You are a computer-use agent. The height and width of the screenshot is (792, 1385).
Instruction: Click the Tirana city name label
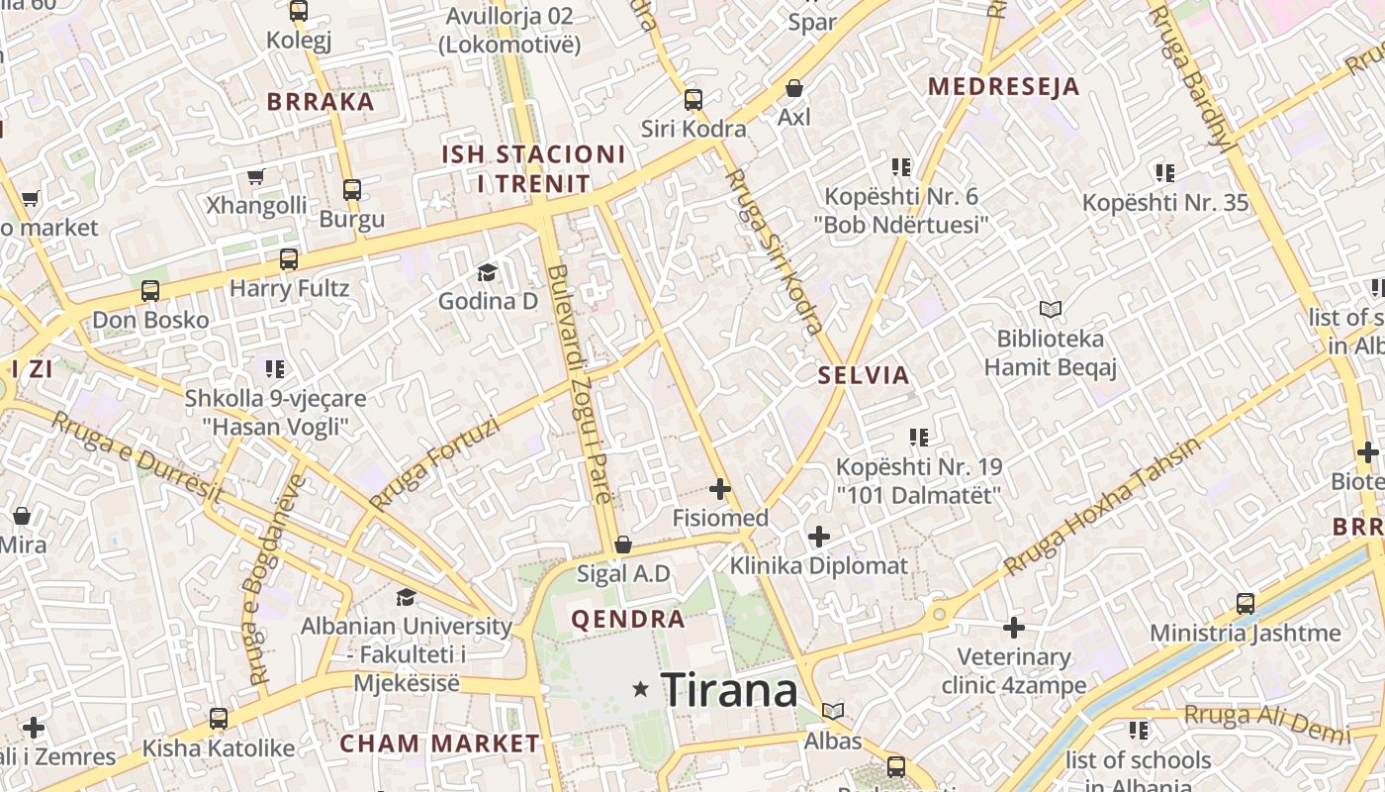pos(729,689)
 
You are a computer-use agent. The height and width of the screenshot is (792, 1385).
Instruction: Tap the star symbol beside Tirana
pos(641,689)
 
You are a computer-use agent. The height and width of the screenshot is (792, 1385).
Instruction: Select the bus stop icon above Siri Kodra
pos(692,99)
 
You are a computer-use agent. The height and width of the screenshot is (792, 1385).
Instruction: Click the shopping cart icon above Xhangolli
pos(256,177)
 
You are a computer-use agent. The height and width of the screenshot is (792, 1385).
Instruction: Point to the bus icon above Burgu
pos(351,189)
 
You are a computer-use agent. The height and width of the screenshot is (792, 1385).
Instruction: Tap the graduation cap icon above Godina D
pos(487,272)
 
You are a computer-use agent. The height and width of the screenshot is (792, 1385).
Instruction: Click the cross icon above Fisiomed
pos(720,489)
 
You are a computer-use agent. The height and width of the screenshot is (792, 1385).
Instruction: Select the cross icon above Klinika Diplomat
pos(818,537)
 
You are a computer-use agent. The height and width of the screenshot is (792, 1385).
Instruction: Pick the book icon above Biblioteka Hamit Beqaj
pos(1050,310)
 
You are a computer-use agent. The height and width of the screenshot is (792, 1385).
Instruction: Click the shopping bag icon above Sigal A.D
pos(623,544)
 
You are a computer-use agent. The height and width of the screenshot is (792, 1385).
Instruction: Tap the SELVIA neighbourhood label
pos(864,375)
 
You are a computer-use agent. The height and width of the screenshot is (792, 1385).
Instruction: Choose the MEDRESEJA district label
pos(1003,86)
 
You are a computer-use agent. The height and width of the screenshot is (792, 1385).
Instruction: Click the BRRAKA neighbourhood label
pos(321,101)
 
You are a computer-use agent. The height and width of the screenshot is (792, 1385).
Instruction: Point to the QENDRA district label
pos(628,620)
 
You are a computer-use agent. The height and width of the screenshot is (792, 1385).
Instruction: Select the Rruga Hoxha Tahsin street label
pos(1102,506)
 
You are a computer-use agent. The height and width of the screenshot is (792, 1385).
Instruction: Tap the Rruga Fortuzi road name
pos(434,462)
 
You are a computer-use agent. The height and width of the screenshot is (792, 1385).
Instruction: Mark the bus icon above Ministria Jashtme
pos(1245,603)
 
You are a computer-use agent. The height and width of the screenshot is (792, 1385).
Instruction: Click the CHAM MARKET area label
pos(440,743)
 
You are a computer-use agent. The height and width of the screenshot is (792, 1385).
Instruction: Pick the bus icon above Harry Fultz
pos(288,259)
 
